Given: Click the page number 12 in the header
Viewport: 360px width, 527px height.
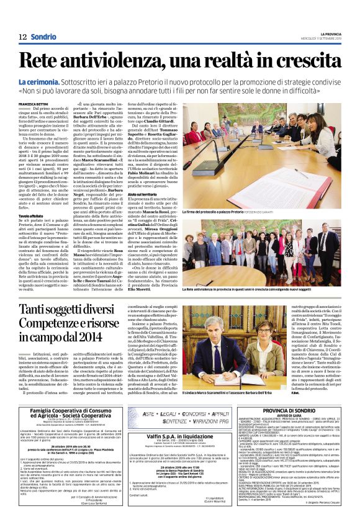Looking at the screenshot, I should (x=22, y=36).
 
